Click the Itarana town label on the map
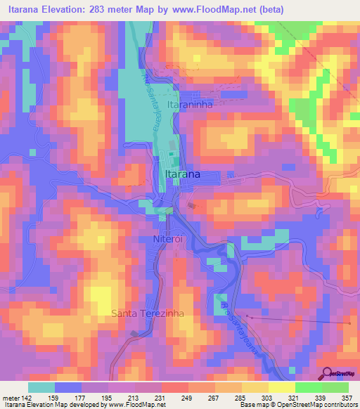[181, 174]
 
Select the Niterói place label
[168, 240]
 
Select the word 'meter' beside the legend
[11, 397]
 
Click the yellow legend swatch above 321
[281, 387]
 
